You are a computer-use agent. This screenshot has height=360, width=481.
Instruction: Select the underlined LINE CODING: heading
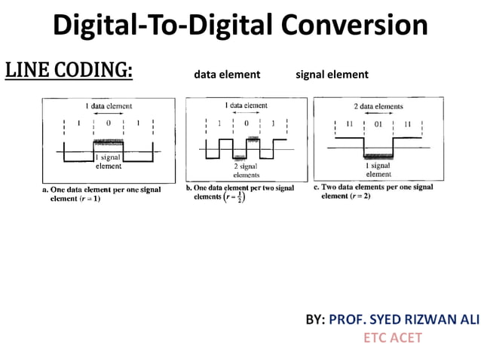(69, 71)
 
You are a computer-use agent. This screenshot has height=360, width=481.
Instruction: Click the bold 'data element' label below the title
(227, 75)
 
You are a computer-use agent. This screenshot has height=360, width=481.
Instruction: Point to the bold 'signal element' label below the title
(332, 75)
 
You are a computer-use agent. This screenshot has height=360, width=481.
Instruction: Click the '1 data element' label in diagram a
(109, 108)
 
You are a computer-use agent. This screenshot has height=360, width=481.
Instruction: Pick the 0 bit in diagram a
(109, 123)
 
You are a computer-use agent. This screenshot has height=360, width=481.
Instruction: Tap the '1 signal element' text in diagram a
(109, 161)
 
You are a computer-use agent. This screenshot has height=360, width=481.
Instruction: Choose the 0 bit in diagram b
(246, 122)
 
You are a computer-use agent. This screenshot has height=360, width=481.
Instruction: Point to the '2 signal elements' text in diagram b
(246, 169)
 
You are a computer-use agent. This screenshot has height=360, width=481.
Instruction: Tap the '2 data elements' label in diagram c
(378, 107)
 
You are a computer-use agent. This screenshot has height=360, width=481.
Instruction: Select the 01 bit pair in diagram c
(378, 124)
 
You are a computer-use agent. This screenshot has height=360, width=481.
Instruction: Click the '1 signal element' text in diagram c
(378, 169)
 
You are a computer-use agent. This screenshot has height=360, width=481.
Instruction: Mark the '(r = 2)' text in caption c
(356, 196)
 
